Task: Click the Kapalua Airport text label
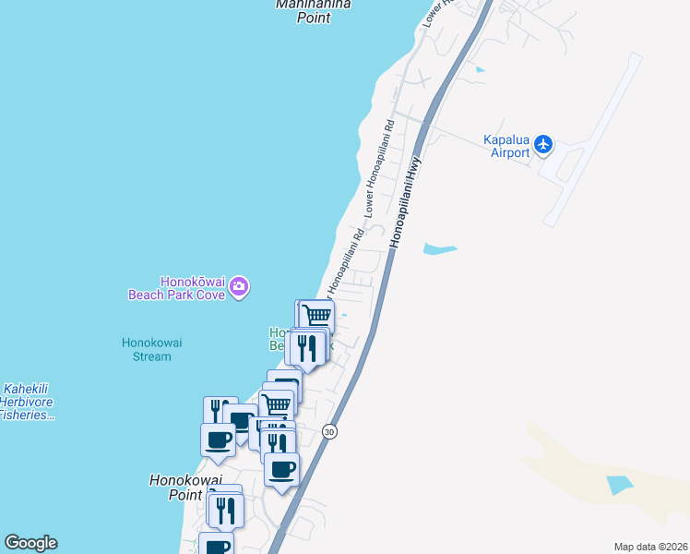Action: [x=506, y=146]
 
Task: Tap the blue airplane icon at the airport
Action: [x=543, y=144]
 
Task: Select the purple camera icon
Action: [x=239, y=288]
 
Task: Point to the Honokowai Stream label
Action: [x=151, y=349]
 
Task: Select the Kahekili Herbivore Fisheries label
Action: [x=27, y=403]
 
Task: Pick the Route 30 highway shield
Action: [x=329, y=431]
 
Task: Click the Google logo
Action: [x=30, y=543]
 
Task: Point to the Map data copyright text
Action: [x=650, y=547]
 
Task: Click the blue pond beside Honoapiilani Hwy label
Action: [x=439, y=248]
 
